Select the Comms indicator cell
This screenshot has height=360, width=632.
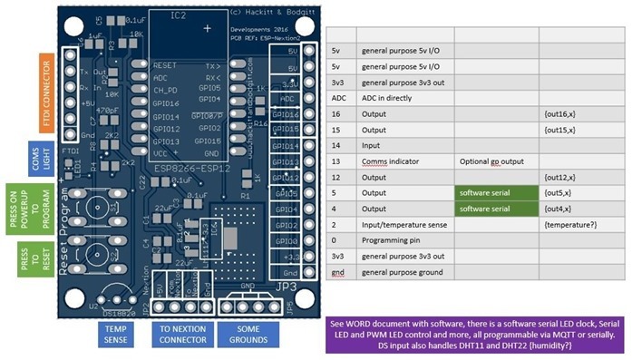coord(406,161)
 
